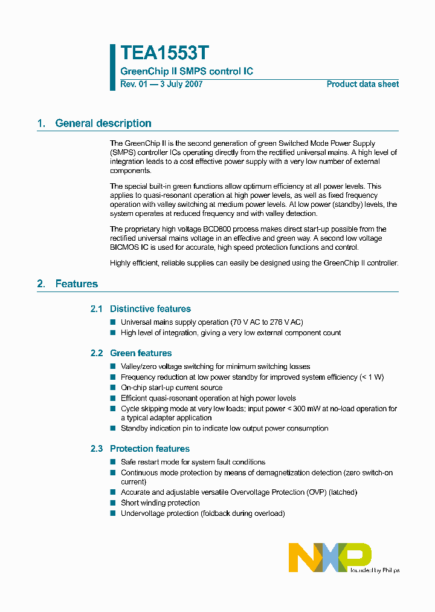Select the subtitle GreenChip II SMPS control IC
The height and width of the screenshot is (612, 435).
187,71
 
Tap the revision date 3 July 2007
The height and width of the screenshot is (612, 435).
181,84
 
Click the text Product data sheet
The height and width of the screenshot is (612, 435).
362,84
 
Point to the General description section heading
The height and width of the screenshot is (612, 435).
103,123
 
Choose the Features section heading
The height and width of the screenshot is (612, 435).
76,284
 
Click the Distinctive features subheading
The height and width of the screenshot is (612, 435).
150,309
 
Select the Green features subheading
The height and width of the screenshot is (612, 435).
140,353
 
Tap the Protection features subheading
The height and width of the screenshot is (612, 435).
149,449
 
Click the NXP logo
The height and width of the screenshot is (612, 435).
330,557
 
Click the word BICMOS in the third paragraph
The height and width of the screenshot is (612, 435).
124,247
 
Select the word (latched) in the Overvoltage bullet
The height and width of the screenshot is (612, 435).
341,492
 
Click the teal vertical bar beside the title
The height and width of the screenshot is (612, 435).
112,67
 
